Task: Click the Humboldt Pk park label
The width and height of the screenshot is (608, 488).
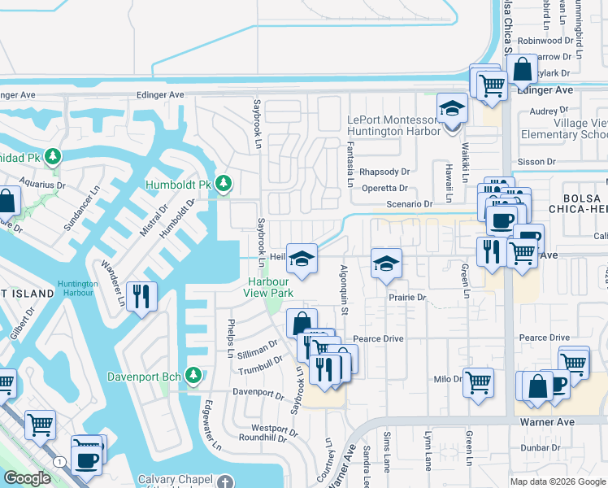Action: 178,185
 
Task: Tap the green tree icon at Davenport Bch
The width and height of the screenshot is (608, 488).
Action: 193,376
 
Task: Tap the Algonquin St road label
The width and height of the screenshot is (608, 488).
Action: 345,290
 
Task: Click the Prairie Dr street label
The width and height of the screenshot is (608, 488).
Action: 407,298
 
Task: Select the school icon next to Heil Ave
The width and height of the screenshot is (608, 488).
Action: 302,259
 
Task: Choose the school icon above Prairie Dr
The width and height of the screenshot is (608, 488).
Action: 386,264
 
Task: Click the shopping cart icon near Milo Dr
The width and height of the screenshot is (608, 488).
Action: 478,381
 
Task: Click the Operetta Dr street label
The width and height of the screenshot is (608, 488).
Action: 384,188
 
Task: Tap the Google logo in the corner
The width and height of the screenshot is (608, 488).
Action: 27,478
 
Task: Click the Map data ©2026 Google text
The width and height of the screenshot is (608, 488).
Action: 558,481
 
